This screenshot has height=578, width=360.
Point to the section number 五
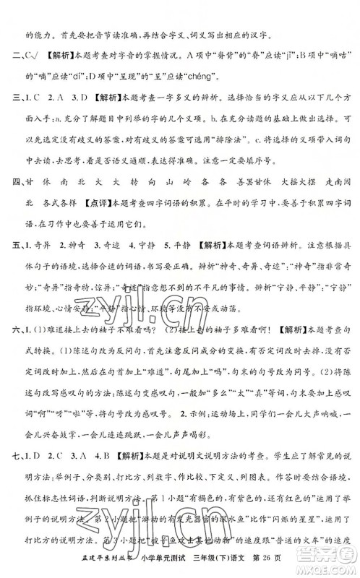coord(10,276)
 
